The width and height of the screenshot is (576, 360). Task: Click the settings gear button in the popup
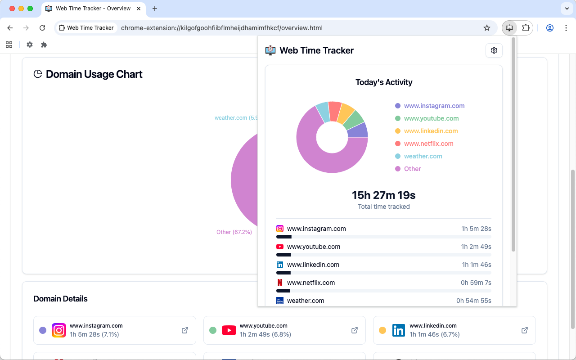[494, 50]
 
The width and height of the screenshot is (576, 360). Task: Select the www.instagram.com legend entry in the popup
[434, 106]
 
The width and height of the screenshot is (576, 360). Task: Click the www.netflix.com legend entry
[428, 144]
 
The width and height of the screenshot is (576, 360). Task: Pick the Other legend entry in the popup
[412, 169]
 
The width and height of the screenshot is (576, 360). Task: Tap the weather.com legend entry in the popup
[423, 156]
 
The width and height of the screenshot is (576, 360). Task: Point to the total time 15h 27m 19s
[383, 195]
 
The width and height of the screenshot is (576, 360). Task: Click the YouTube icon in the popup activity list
[280, 247]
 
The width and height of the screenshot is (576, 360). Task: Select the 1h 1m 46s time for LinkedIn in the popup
[477, 265]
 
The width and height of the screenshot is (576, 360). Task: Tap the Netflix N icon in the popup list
[280, 283]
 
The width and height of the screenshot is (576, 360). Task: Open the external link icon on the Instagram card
[185, 330]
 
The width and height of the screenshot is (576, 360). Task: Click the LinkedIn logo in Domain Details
[398, 330]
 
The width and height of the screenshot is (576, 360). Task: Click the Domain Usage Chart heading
[94, 74]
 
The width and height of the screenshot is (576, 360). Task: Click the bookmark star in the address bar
[487, 28]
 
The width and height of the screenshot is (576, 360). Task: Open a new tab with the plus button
[155, 9]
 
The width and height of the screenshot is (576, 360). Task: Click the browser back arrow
[10, 28]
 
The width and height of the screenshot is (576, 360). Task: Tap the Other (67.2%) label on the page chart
[234, 232]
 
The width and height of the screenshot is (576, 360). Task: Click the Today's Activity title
[384, 82]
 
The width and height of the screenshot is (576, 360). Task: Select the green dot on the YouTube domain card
[213, 330]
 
